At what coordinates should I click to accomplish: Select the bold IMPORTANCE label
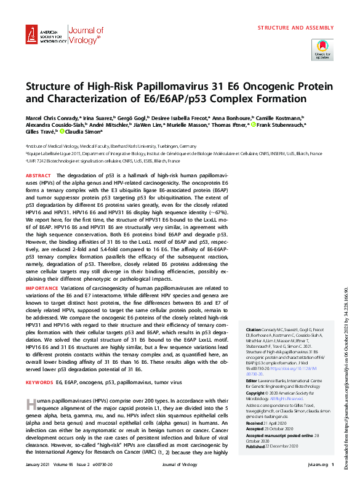pos(41,288)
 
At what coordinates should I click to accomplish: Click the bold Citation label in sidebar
pos(254,330)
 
